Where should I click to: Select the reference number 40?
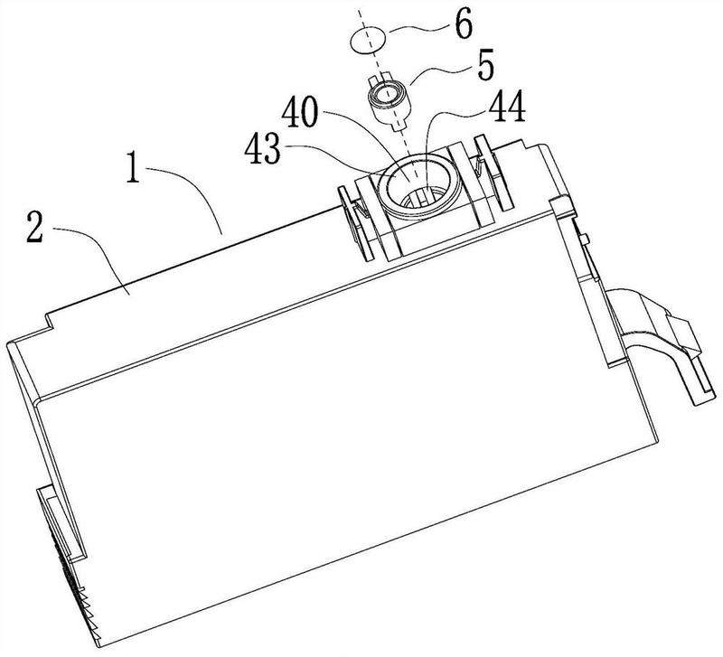(x=301, y=113)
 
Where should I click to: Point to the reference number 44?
(x=507, y=106)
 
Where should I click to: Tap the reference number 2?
(x=35, y=227)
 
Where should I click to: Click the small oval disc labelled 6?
(x=368, y=40)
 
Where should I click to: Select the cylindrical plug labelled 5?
(x=389, y=101)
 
